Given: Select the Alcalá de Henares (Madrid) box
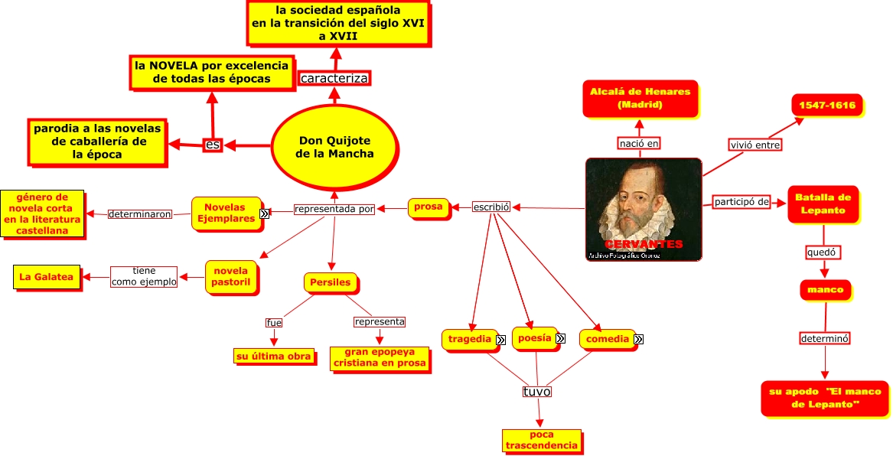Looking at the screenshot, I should (x=640, y=98).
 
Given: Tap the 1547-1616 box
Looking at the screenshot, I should (x=826, y=106).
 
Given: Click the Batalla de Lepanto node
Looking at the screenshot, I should (x=823, y=204).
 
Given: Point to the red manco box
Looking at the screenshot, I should (x=825, y=290).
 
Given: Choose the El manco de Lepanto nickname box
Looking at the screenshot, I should (x=825, y=397).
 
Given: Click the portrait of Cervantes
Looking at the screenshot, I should (x=643, y=208).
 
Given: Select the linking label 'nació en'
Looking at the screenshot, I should (x=639, y=143).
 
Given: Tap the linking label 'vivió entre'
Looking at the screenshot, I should (x=755, y=145).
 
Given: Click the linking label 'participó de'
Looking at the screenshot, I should (x=741, y=202).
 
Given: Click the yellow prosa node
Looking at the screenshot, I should (x=428, y=207).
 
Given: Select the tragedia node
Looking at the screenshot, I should (x=469, y=339).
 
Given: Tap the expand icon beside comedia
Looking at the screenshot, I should (x=638, y=339).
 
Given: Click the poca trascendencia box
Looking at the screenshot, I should (x=541, y=440).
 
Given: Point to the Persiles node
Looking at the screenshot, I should (x=330, y=282).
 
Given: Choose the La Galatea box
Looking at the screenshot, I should (x=46, y=277).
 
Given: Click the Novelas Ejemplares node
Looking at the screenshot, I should (x=225, y=213).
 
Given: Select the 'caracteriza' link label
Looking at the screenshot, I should (x=334, y=78).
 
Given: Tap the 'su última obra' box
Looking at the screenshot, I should (x=273, y=356).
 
